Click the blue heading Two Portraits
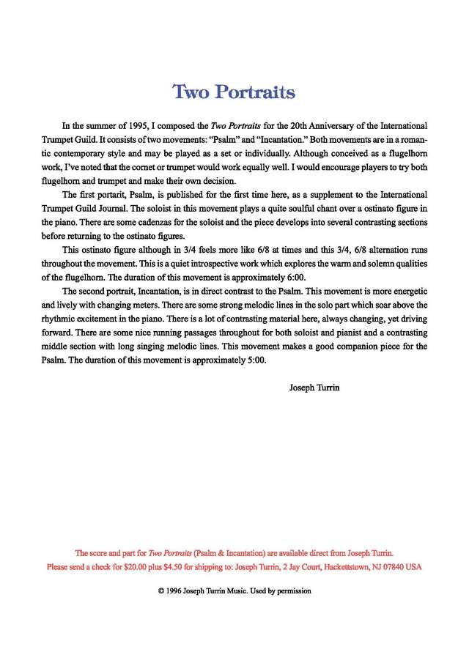point(234,92)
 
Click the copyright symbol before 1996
point(160,590)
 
